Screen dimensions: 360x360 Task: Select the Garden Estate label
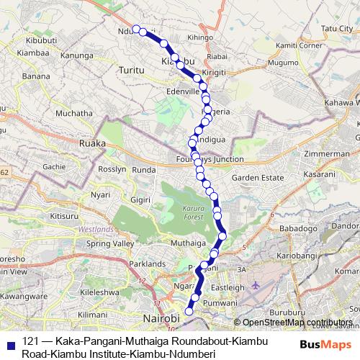255,177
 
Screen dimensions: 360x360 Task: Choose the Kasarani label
327,175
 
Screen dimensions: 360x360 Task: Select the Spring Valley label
110,243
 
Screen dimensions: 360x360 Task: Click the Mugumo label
263,63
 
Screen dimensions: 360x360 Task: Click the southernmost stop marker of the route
189,311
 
